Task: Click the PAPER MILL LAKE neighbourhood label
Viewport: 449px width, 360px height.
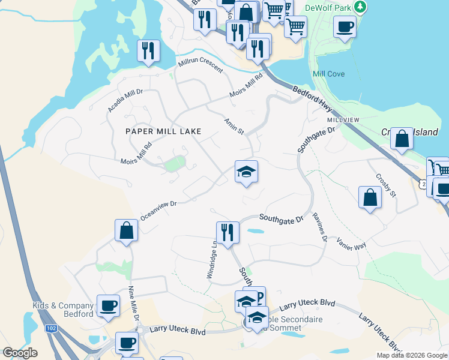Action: (x=163, y=131)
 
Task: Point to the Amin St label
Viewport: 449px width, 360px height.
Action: (x=234, y=126)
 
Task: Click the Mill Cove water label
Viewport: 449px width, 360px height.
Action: (x=328, y=74)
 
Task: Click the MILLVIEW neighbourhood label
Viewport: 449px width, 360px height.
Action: (x=343, y=120)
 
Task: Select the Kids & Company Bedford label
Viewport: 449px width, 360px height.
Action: (x=63, y=310)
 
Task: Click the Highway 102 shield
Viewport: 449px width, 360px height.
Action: (x=51, y=328)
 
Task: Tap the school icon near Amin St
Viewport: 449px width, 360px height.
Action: (x=246, y=172)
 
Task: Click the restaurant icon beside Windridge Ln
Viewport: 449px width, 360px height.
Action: (x=228, y=232)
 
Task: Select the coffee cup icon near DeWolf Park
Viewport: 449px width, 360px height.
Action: (x=345, y=26)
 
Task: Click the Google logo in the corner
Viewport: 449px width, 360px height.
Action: (x=20, y=353)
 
